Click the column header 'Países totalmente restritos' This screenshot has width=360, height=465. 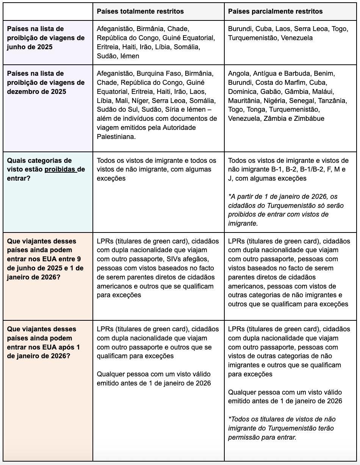pos(140,11)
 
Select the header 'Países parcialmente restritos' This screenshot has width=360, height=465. pos(275,11)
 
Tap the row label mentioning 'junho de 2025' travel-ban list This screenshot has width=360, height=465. pos(45,38)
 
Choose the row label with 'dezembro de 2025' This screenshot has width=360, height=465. pos(45,83)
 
